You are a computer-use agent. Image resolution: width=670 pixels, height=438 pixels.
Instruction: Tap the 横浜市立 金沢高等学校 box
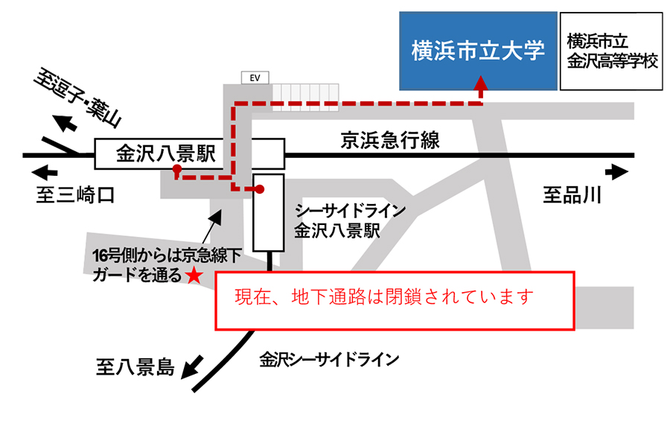coord(612,51)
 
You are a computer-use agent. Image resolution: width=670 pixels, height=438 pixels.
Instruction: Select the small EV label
coord(255,77)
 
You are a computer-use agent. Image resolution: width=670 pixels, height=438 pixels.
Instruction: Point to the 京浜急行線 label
coord(390,139)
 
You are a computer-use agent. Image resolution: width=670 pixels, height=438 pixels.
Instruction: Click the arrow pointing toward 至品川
coord(617,173)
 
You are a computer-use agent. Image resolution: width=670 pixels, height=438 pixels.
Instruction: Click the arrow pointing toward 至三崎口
coord(45,173)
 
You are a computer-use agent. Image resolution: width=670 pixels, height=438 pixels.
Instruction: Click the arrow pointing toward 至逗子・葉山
coord(66,121)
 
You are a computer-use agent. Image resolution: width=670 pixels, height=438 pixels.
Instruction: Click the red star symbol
coord(193,276)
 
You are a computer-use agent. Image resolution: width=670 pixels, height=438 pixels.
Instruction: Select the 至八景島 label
coord(135,366)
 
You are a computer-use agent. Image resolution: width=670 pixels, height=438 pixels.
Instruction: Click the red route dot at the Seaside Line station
coord(261,189)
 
